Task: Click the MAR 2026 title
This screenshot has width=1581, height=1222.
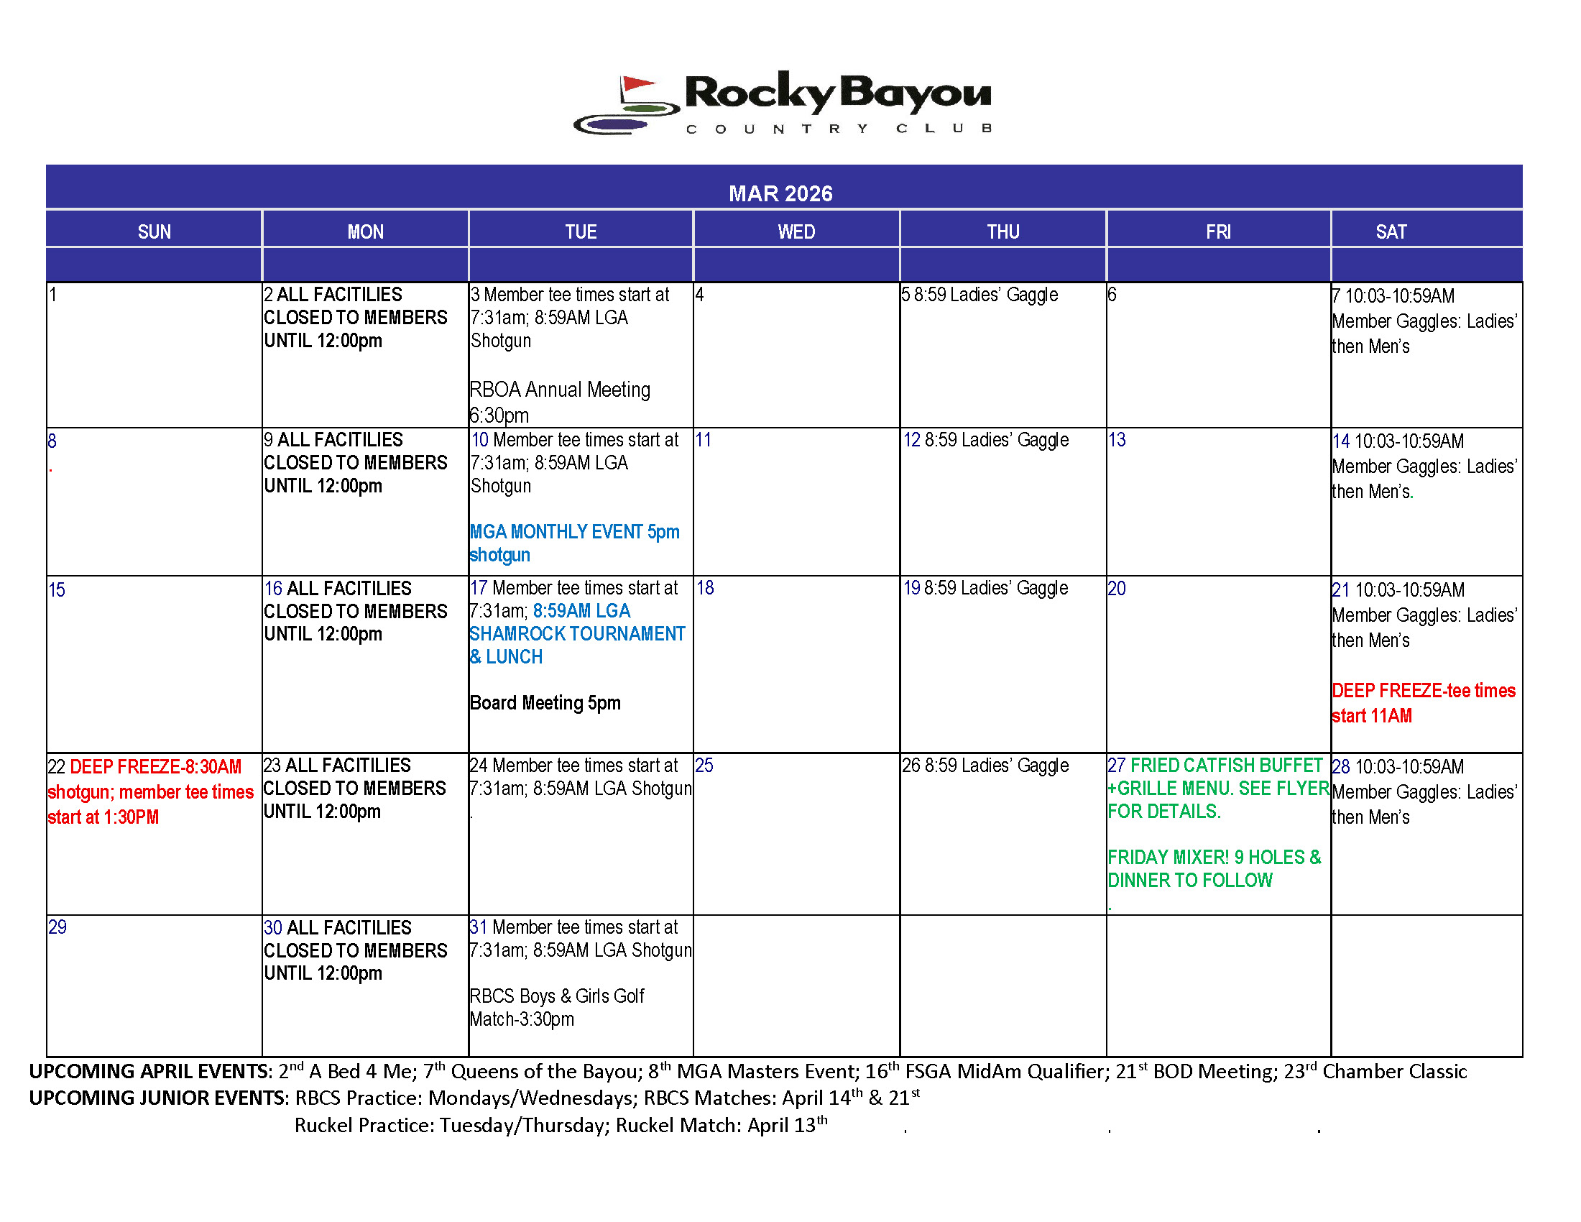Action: tap(780, 193)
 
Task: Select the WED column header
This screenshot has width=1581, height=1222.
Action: tap(796, 231)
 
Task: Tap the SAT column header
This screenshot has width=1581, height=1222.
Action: tap(1391, 231)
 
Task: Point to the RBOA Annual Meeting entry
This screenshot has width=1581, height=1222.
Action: tap(560, 390)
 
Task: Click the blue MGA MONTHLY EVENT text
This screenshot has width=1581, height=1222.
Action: tap(574, 532)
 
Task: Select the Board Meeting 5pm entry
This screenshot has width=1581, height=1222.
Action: tap(545, 703)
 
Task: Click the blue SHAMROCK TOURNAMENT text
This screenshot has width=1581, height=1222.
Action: tap(577, 634)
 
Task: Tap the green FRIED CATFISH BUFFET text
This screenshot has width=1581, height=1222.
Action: tap(1225, 766)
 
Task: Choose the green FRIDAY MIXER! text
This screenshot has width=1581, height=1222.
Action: tap(1169, 858)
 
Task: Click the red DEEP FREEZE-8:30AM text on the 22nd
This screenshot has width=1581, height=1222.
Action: tap(155, 768)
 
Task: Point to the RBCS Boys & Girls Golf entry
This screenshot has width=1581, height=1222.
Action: tap(556, 997)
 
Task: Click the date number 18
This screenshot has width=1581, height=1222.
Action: tap(705, 588)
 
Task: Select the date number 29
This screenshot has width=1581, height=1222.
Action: tap(57, 927)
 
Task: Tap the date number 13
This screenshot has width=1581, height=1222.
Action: tap(1117, 440)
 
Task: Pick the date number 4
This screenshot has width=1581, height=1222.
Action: tap(699, 295)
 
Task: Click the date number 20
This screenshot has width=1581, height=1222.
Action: tap(1117, 589)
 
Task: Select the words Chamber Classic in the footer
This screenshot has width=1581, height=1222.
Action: tap(1394, 1072)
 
